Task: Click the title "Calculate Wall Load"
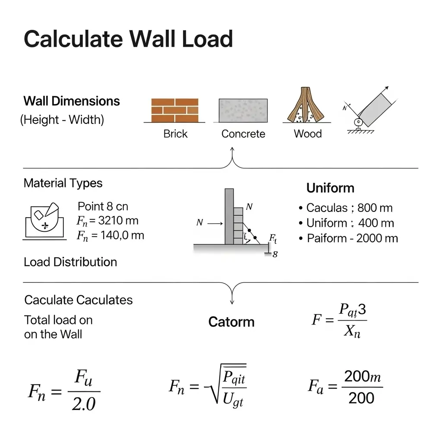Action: click(128, 39)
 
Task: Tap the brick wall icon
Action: click(175, 110)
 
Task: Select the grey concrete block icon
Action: click(243, 110)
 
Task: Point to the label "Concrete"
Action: click(243, 134)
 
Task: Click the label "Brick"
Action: click(175, 134)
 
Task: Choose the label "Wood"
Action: click(308, 134)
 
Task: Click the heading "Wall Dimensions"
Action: click(72, 101)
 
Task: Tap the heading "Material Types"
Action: click(63, 183)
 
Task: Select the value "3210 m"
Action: click(118, 221)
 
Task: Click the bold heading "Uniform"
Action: click(330, 188)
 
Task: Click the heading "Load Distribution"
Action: click(70, 262)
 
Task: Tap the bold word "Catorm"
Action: click(231, 322)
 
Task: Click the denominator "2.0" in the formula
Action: click(84, 404)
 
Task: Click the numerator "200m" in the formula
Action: click(363, 377)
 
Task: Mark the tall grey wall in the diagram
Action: click(229, 216)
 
